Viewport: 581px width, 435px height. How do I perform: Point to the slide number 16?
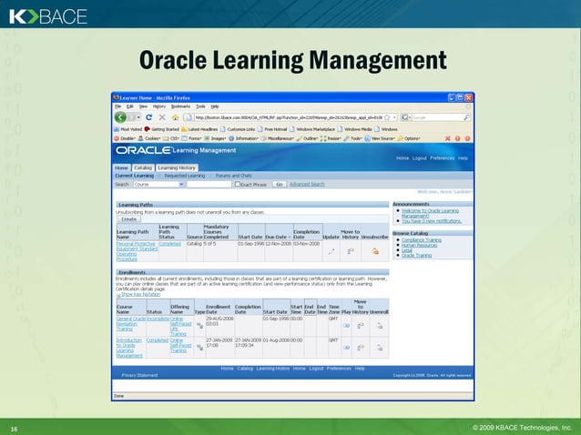(x=14, y=426)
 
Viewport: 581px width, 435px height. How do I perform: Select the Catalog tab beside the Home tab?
(x=143, y=168)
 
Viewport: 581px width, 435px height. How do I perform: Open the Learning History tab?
(x=176, y=168)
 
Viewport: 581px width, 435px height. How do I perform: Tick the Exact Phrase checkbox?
(x=236, y=184)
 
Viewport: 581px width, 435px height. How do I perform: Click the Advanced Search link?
(x=307, y=184)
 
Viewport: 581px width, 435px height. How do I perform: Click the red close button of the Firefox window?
(x=468, y=96)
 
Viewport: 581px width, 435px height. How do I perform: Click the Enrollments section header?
(x=133, y=271)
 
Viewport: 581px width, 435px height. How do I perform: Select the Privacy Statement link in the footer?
(x=140, y=375)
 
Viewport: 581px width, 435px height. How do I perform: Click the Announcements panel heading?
(x=412, y=204)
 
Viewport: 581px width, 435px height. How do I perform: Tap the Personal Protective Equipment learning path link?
(x=136, y=247)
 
